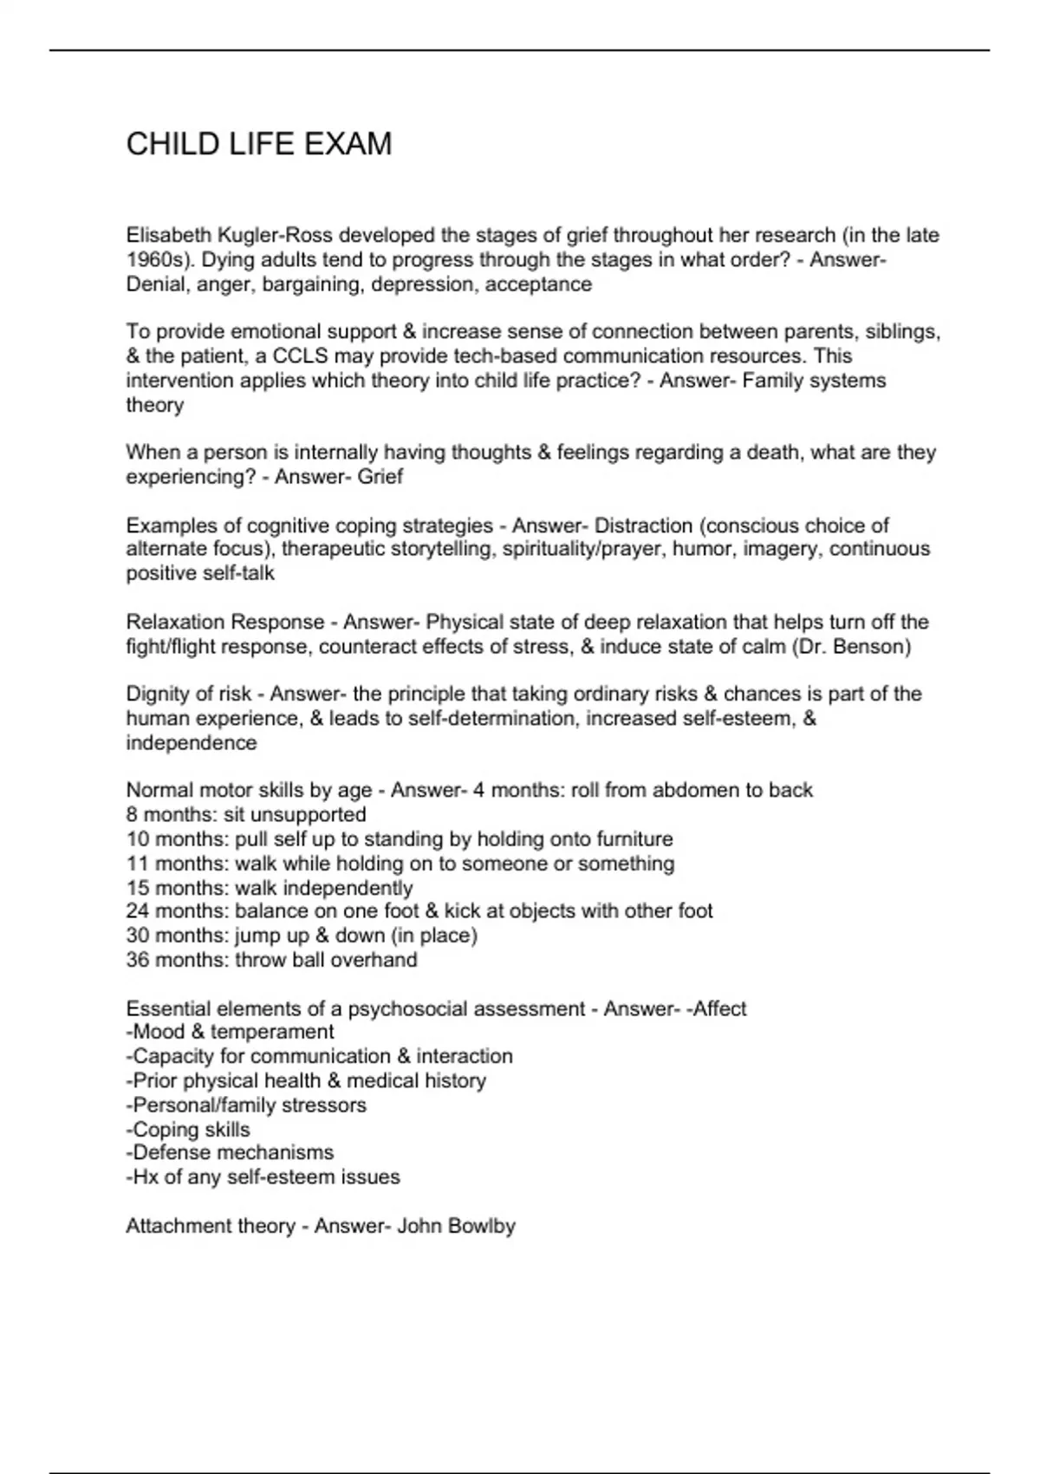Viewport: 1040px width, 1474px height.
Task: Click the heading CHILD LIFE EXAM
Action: [259, 144]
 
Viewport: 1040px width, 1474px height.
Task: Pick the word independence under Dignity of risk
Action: [192, 743]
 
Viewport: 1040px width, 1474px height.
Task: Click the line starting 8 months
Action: [246, 815]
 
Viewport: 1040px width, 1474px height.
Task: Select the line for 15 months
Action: [270, 888]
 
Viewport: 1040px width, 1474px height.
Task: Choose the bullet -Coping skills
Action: [188, 1130]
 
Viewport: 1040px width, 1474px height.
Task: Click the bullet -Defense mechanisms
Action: [230, 1153]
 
